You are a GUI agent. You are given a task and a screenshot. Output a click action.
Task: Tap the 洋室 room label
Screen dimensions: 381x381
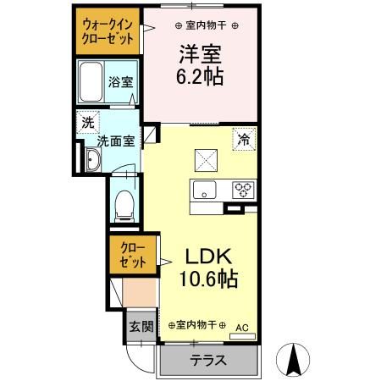pyautogui.click(x=200, y=54)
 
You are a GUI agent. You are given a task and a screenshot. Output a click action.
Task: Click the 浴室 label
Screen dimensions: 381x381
pyautogui.click(x=119, y=82)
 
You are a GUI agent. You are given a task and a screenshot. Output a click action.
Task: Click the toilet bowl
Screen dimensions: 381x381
pyautogui.click(x=124, y=202)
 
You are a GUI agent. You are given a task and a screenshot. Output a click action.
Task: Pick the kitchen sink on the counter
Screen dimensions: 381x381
pyautogui.click(x=206, y=189)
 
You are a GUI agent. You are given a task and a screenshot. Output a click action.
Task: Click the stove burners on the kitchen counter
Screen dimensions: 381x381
pyautogui.click(x=244, y=189)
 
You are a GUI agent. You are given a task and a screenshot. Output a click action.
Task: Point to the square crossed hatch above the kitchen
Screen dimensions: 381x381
pyautogui.click(x=206, y=157)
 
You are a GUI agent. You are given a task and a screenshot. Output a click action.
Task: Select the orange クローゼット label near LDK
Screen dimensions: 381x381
pyautogui.click(x=134, y=255)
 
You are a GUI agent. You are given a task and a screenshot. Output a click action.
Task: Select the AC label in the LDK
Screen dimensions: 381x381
pyautogui.click(x=241, y=324)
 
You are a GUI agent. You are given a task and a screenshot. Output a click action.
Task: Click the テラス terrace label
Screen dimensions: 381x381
pyautogui.click(x=207, y=360)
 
